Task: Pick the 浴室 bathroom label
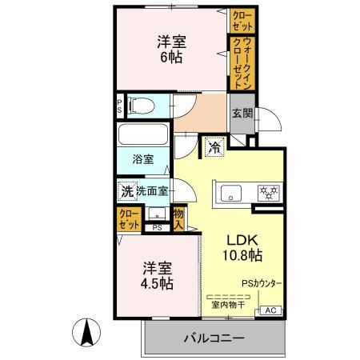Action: pyautogui.click(x=142, y=160)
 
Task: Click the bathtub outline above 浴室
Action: pyautogui.click(x=144, y=134)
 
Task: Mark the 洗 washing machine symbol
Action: pyautogui.click(x=126, y=191)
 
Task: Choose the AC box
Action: pyautogui.click(x=269, y=310)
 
